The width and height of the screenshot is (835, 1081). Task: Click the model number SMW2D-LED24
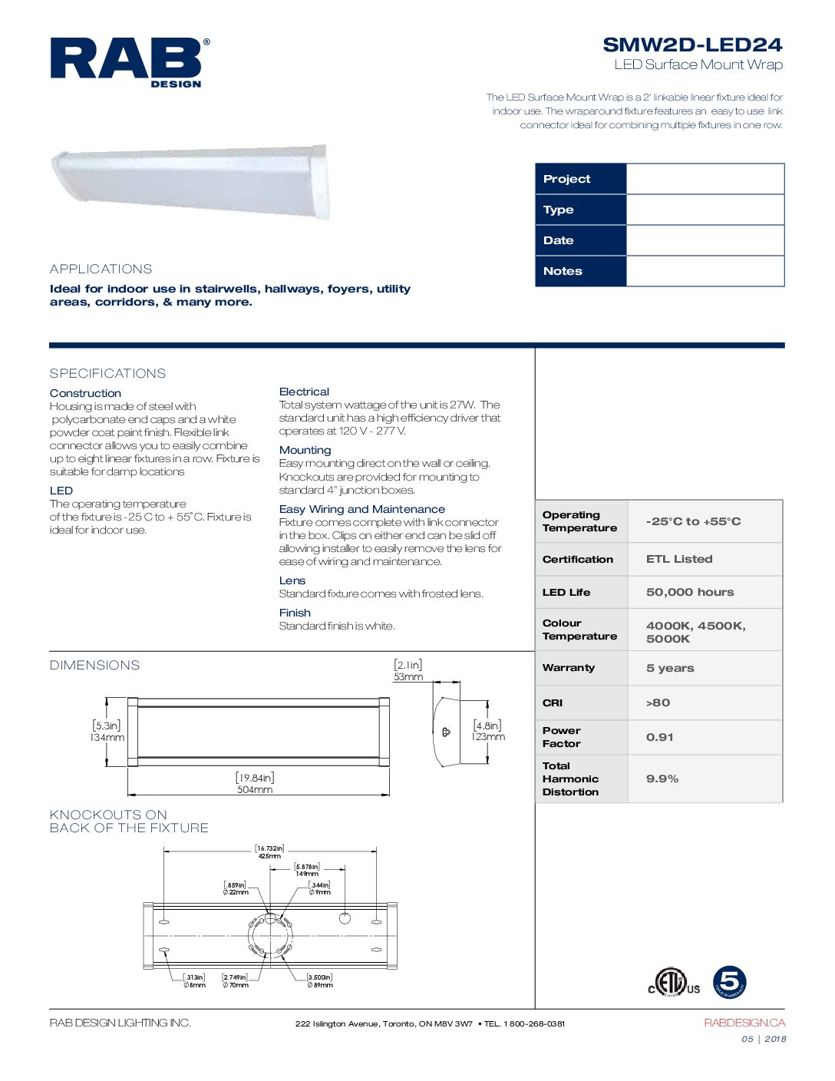(x=691, y=45)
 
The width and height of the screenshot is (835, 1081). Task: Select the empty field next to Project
(x=705, y=179)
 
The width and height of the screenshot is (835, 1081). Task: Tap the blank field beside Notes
(x=705, y=271)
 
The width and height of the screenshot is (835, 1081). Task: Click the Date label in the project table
(x=559, y=240)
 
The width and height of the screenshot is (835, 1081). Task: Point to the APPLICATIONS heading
(x=101, y=269)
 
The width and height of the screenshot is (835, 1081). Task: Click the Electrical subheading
(x=304, y=392)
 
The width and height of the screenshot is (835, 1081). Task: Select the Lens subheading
(x=292, y=580)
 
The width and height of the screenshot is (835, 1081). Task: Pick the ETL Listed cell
(x=679, y=559)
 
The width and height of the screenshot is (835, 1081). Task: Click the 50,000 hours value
(x=690, y=592)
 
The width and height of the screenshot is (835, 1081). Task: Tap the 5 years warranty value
(x=670, y=668)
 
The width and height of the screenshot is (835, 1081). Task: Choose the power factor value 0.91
(x=659, y=737)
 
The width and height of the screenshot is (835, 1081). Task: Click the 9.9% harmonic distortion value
(x=662, y=779)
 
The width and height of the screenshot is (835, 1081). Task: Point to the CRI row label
(x=553, y=702)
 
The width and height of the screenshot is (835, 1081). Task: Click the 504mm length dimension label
(x=255, y=789)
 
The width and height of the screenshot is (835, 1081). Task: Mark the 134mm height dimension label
(x=107, y=738)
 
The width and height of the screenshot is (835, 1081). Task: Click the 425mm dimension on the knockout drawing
(x=269, y=856)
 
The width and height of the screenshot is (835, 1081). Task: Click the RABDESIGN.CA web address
(x=744, y=1023)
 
